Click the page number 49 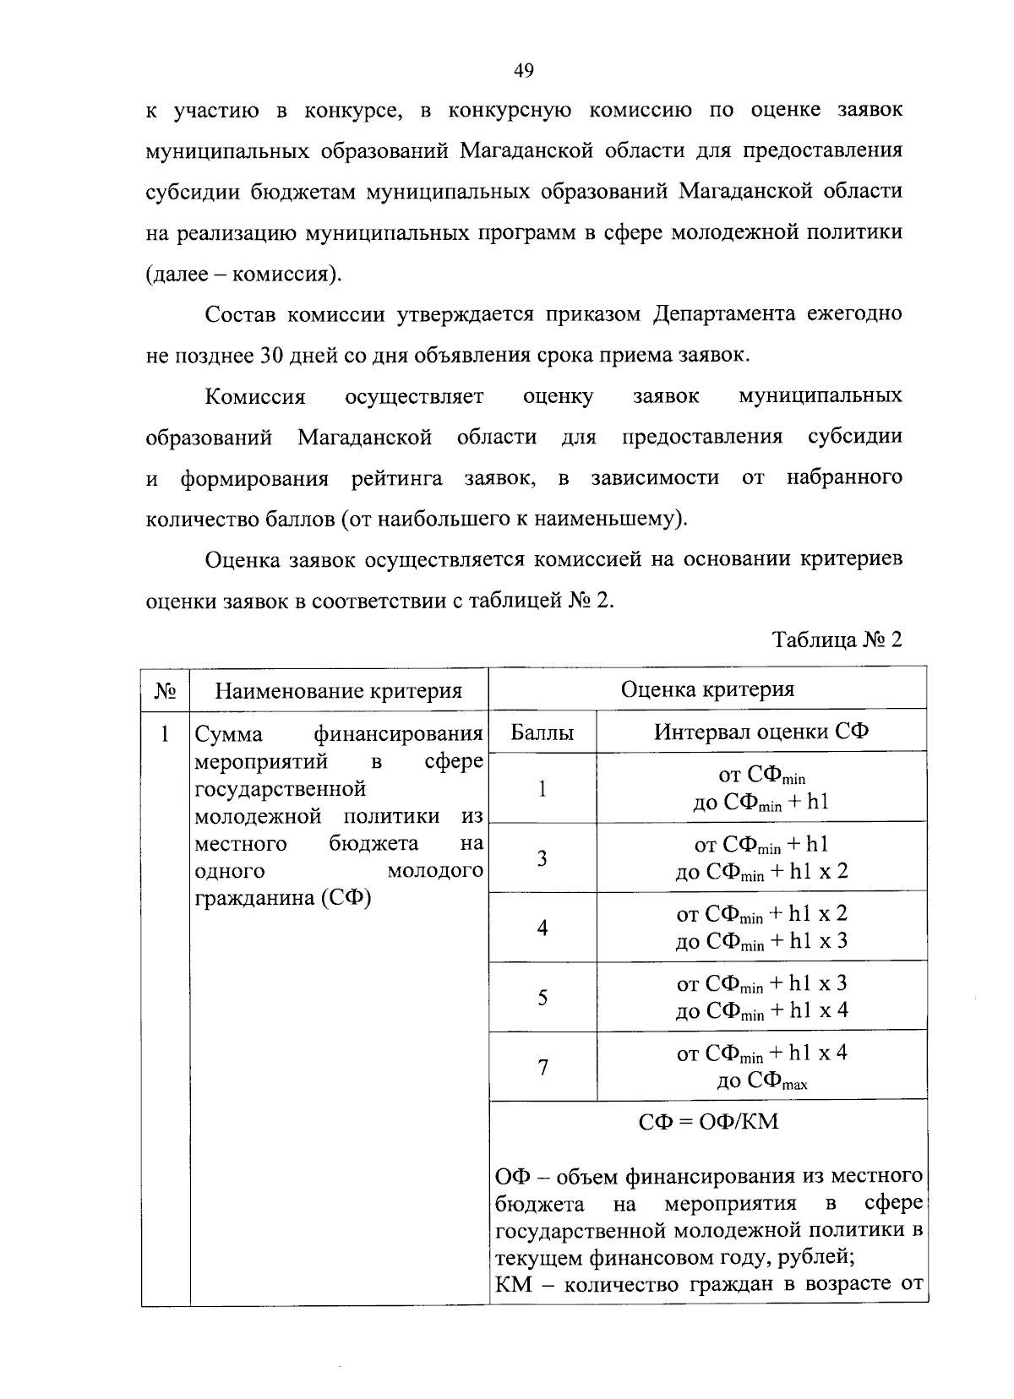point(523,71)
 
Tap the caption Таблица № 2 point(837,640)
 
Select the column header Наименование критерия point(338,691)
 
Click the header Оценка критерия point(707,689)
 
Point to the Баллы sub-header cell point(542,732)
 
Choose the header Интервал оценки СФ point(760,732)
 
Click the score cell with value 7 point(542,1067)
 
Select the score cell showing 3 point(542,858)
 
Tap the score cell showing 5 point(542,998)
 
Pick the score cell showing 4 point(542,928)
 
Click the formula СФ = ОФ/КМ point(707,1122)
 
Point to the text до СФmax point(760,1081)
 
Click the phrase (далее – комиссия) point(244,274)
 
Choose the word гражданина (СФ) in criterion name point(283,897)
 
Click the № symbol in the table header point(166,691)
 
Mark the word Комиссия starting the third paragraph point(254,396)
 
